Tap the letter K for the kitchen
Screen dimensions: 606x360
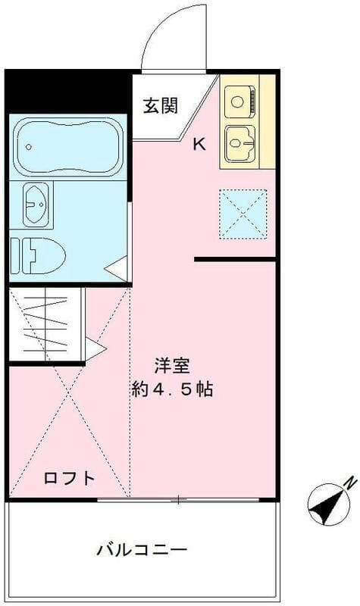point(199,144)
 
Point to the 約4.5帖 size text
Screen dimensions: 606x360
point(171,390)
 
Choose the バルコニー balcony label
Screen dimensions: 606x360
point(141,549)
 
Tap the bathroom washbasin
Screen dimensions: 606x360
point(36,203)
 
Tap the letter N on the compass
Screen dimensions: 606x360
point(349,481)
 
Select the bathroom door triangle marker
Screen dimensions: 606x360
point(116,268)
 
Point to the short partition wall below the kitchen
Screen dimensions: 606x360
point(235,260)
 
